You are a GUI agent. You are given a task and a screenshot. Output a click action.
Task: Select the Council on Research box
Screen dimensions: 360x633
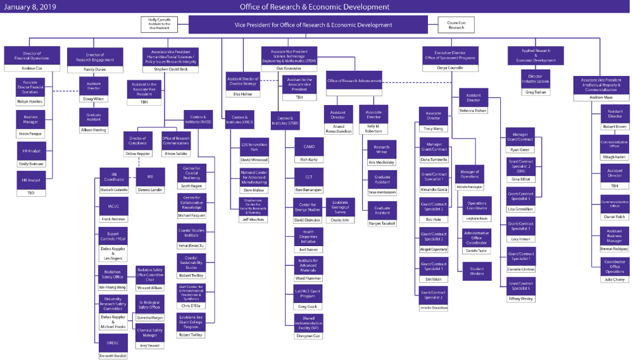pos(456,25)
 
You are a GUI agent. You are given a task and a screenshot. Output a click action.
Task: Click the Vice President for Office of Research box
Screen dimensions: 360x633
pos(314,25)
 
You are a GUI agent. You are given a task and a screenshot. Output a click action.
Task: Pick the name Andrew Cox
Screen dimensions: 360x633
pos(32,68)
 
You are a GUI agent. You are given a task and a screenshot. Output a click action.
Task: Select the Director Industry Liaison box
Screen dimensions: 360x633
pos(536,78)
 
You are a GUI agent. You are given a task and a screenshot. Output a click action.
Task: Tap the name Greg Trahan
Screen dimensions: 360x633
pos(536,92)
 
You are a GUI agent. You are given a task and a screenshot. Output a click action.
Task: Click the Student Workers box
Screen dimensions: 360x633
pos(477,270)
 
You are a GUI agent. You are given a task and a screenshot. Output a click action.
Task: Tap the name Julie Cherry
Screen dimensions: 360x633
pos(615,280)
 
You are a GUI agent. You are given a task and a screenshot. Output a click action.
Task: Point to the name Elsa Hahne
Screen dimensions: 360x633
pos(242,94)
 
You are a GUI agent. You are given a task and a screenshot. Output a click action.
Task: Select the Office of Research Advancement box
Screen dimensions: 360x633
pos(354,80)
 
